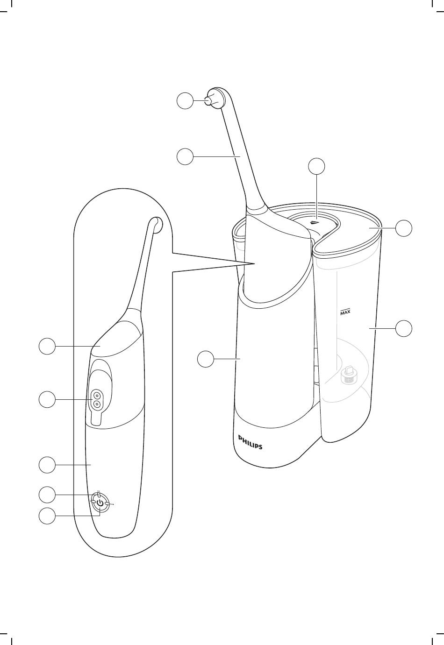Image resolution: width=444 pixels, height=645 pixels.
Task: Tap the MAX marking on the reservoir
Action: click(345, 312)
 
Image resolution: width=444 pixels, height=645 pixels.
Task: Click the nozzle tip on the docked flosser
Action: click(208, 101)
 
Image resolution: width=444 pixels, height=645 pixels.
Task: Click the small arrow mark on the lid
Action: click(315, 222)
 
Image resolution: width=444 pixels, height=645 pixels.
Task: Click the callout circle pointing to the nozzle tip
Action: click(185, 100)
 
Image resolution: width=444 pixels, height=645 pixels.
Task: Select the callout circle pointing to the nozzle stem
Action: click(185, 156)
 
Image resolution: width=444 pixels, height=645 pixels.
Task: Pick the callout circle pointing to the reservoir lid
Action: click(404, 228)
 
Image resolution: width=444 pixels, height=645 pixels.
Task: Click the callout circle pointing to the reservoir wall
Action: click(404, 328)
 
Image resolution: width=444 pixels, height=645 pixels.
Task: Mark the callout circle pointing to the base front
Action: click(206, 359)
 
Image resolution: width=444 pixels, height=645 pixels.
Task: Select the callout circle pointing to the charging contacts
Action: click(47, 399)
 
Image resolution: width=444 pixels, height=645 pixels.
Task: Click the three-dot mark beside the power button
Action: click(112, 504)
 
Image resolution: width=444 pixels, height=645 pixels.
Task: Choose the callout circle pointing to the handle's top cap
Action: click(47, 346)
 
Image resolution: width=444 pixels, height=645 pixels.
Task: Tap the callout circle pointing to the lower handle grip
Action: click(47, 465)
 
